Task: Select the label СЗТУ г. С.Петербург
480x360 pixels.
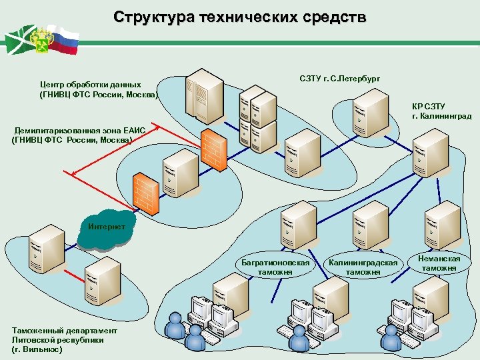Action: click(340, 79)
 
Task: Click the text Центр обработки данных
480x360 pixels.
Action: click(90, 85)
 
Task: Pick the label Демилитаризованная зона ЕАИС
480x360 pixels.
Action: click(83, 131)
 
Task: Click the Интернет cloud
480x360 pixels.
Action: click(107, 227)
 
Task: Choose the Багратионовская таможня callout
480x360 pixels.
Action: click(275, 267)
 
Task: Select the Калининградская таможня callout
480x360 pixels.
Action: click(363, 267)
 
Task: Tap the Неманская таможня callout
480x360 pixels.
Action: click(439, 263)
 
